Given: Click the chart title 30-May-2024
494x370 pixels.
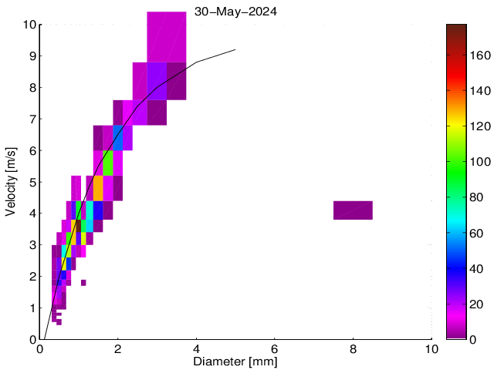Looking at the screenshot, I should coord(236,12).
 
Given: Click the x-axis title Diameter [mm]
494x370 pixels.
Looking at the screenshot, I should coord(236,361).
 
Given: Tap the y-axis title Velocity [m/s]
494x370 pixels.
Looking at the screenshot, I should coord(11,181).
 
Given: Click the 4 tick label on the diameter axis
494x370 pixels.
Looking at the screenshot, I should coord(197,348).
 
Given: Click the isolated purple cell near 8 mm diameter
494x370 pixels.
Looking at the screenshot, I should coord(353,210).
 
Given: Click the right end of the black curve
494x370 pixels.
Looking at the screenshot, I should coord(235,50).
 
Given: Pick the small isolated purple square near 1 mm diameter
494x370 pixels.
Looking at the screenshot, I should coord(83,283).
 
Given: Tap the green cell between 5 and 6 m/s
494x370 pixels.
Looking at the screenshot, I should coord(108,163).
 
